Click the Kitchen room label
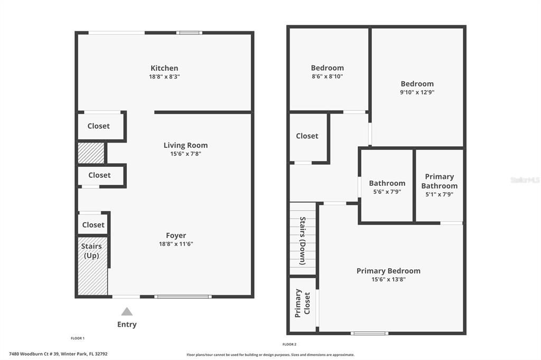tap(164, 68)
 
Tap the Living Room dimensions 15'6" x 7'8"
tap(185, 154)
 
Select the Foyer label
tap(176, 235)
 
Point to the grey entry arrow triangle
tap(127, 311)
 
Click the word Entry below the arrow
tap(127, 325)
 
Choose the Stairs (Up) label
tap(91, 251)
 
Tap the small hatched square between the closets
tap(91, 153)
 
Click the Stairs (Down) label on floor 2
tap(303, 240)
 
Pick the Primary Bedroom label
tap(388, 271)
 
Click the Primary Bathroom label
tap(439, 181)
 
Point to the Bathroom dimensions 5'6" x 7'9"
tap(387, 192)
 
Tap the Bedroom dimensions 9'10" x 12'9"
tap(417, 92)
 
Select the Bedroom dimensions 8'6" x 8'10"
tap(327, 76)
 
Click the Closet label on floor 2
tap(307, 136)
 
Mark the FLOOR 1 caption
tap(78, 338)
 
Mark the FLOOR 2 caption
tap(289, 344)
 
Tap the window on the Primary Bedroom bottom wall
tap(369, 333)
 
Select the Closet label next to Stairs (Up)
tap(93, 225)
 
